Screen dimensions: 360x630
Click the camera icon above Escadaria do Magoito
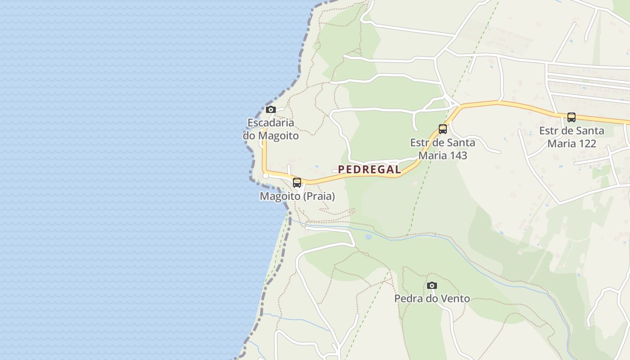270,109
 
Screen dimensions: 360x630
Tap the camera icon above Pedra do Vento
432,285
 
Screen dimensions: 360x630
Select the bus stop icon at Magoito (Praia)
297,183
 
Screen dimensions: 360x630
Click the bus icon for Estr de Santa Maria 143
443,129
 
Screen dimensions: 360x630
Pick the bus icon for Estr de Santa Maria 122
571,117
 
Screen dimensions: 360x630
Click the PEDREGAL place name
369,170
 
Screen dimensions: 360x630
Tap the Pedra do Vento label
432,298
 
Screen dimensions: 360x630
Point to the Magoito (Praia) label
297,197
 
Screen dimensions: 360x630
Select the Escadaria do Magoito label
271,129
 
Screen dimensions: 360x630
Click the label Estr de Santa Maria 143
443,149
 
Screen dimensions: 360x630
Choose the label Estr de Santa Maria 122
571,137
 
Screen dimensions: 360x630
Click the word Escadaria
271,123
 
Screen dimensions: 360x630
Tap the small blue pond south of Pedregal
369,236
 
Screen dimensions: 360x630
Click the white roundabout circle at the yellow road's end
266,176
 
